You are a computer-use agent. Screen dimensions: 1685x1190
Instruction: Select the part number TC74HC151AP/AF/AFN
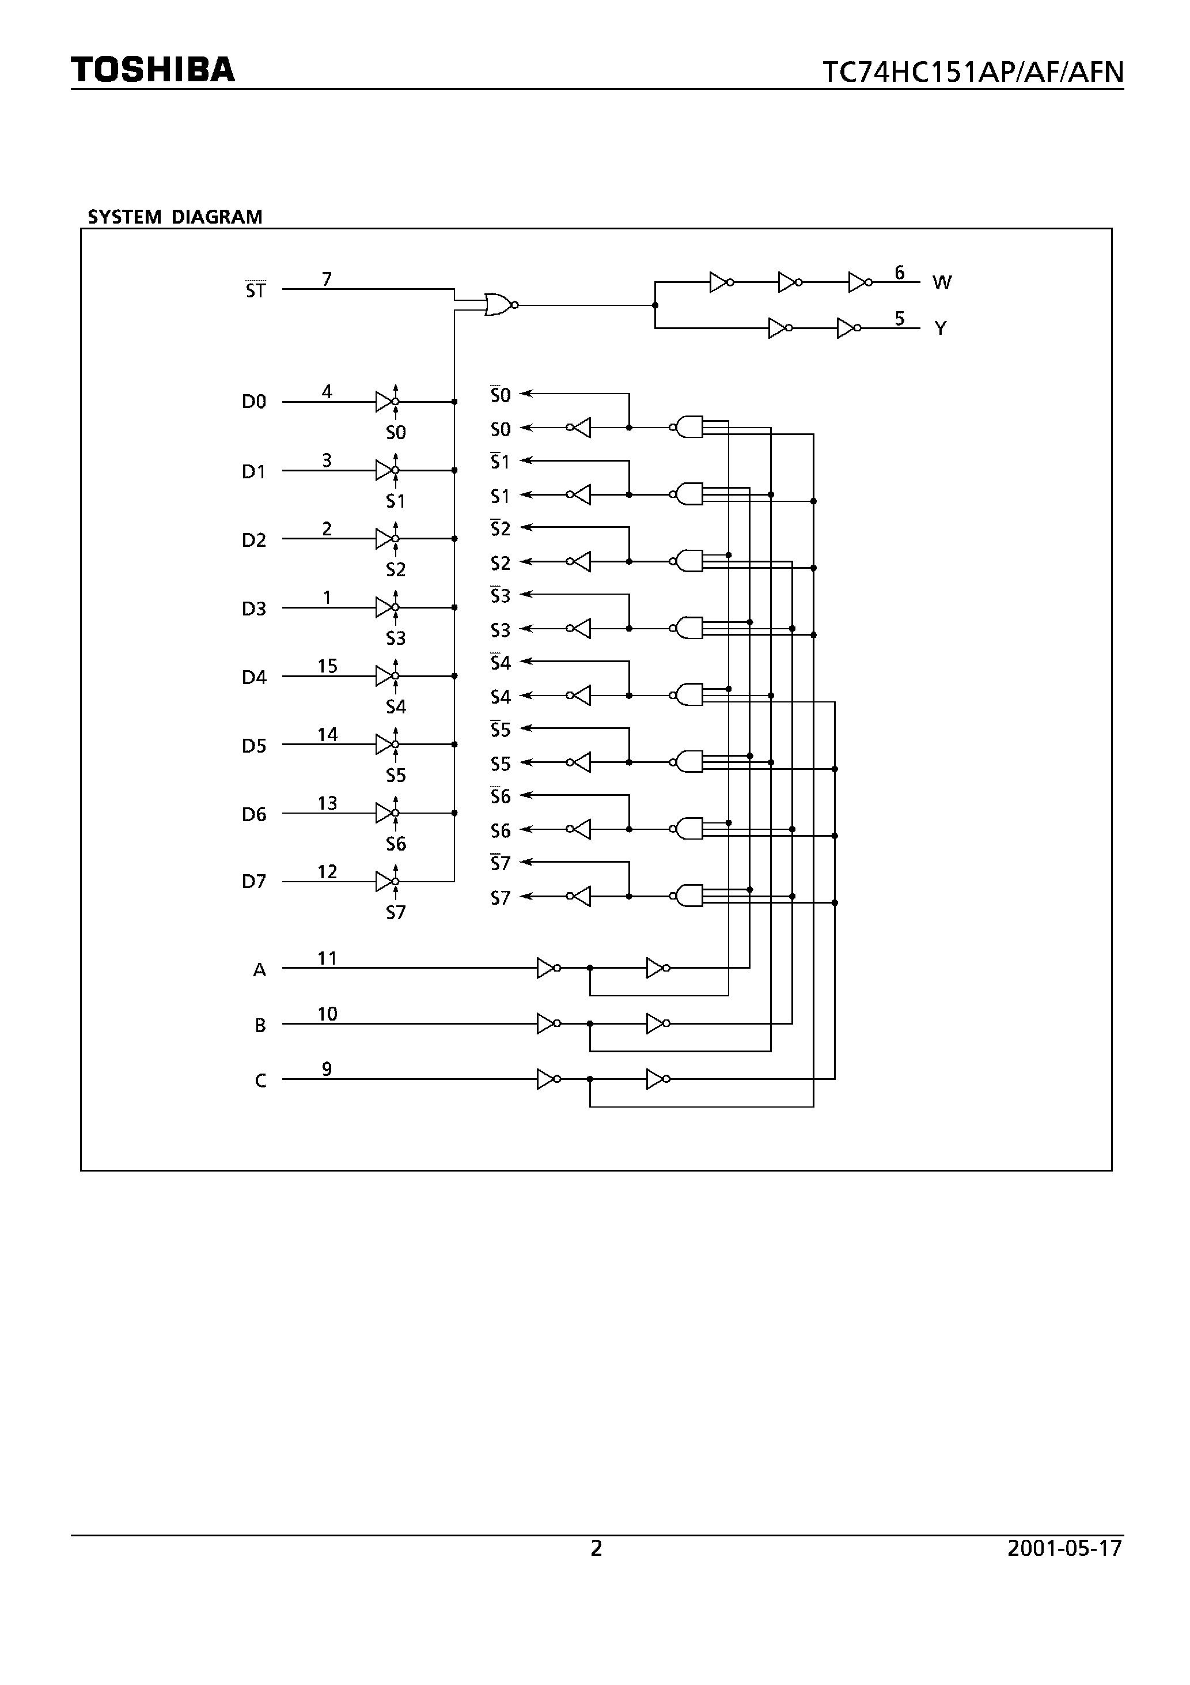click(972, 73)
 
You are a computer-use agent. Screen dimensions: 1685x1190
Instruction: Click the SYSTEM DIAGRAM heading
click(175, 217)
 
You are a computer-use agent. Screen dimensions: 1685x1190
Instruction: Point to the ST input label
click(255, 290)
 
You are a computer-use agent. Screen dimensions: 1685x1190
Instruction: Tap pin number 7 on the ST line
click(327, 279)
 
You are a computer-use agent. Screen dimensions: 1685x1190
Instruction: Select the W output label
click(941, 282)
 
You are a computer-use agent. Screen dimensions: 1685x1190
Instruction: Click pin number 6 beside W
click(900, 273)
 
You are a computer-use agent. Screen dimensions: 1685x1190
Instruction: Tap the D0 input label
click(254, 402)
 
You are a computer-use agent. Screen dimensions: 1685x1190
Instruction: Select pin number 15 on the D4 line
click(327, 666)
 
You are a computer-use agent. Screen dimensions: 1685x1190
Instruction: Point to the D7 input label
click(254, 881)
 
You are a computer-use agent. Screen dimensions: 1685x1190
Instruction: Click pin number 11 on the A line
click(327, 958)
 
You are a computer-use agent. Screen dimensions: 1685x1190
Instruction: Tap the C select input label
click(260, 1081)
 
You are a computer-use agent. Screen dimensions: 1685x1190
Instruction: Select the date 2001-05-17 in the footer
click(1064, 1548)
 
